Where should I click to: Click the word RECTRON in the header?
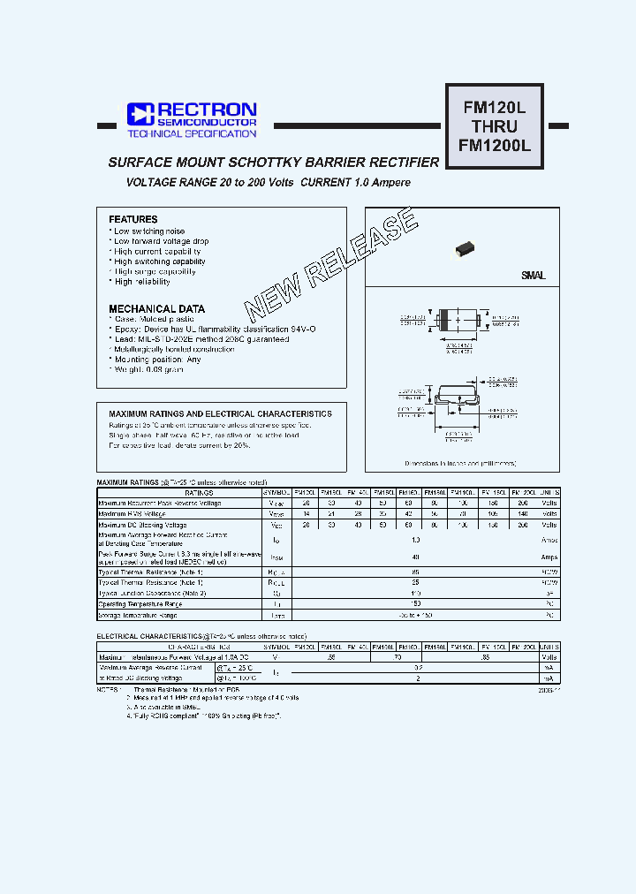coord(207,109)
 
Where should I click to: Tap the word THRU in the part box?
coord(495,126)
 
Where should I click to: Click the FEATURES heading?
coord(133,219)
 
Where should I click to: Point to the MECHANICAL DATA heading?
coord(156,309)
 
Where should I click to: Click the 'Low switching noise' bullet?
coord(149,231)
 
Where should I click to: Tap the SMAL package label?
coord(533,276)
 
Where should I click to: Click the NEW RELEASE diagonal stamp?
coord(331,265)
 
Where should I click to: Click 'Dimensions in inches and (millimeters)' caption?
coord(460,462)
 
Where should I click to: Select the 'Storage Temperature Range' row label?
coord(140,614)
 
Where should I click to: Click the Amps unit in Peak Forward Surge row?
coord(549,557)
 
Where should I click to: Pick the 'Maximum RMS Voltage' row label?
coord(132,513)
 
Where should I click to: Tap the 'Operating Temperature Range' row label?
coord(142,603)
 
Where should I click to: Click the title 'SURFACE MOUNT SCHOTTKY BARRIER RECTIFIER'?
coord(273,163)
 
